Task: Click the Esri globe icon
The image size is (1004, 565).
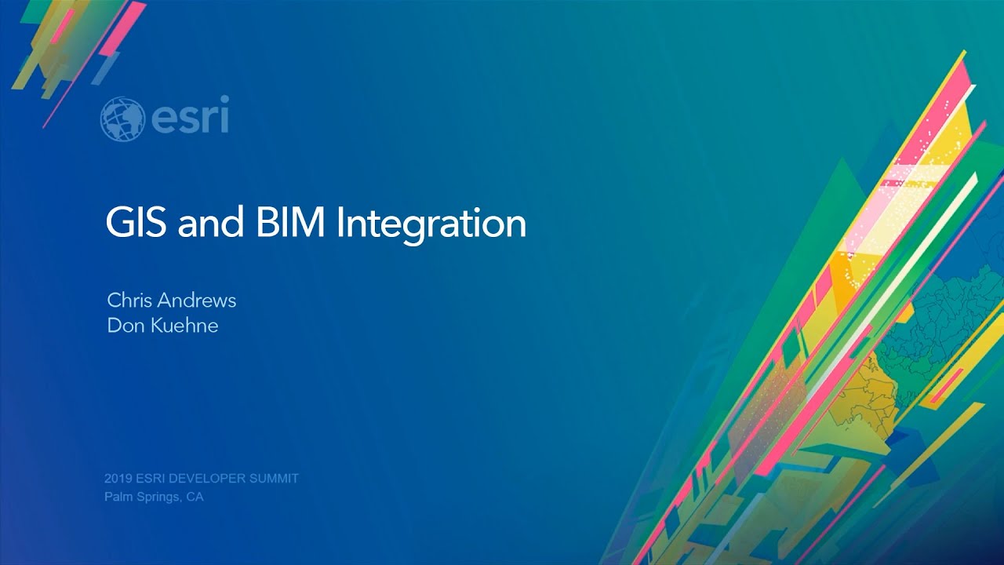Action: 122,118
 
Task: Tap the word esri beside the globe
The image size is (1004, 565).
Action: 189,118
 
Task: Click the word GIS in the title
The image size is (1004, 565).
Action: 137,224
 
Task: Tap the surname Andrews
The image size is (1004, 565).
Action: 195,300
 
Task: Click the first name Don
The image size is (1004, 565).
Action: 122,325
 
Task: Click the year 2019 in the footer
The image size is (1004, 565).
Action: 116,478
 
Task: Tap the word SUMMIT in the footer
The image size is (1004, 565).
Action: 274,478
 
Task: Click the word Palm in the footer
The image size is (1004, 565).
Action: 117,497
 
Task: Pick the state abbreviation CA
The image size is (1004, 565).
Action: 195,497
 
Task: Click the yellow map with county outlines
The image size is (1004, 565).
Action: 875,392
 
